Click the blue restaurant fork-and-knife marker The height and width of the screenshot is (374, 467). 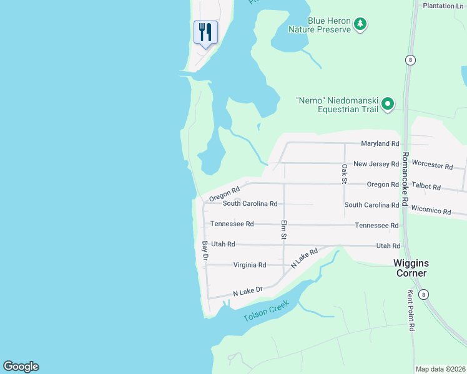[x=205, y=32]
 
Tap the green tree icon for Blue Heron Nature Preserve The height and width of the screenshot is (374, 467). [x=360, y=24]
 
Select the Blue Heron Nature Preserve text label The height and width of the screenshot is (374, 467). [x=319, y=24]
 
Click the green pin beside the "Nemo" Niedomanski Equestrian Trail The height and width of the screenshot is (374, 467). [x=388, y=104]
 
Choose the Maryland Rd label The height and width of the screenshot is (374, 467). [x=380, y=143]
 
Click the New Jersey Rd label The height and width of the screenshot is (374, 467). [x=376, y=164]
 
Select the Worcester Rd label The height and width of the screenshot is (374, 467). [x=432, y=166]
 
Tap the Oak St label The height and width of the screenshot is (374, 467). [x=344, y=174]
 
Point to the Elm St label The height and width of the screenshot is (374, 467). [x=283, y=230]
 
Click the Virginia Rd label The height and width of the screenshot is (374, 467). [x=250, y=265]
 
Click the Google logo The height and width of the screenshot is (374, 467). [x=21, y=367]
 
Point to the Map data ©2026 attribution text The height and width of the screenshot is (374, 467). [x=440, y=369]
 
